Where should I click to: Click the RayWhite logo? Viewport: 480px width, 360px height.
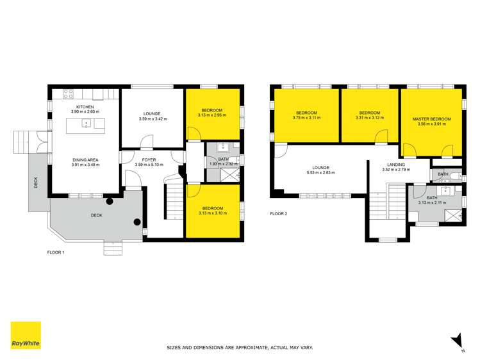(25, 336)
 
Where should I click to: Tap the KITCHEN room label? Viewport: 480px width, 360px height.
(85, 107)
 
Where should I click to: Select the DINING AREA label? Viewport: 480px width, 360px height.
(85, 160)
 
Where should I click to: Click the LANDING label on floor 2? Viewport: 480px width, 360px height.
(395, 165)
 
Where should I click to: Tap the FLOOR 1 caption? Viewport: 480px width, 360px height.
(56, 252)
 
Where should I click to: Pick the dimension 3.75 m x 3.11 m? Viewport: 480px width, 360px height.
(305, 118)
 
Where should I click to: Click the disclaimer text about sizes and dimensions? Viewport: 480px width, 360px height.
(240, 347)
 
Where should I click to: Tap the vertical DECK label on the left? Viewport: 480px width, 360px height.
(36, 183)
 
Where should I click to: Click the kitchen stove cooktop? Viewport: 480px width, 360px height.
(67, 94)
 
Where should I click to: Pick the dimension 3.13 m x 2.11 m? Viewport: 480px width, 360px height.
(431, 202)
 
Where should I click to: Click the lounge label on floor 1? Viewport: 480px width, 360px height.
(153, 113)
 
